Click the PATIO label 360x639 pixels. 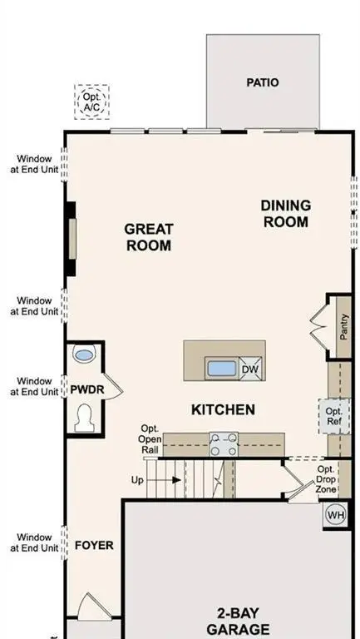[x=263, y=82]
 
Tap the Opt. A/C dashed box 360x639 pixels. [x=91, y=102]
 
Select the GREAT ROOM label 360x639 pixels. [x=149, y=237]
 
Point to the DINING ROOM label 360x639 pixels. [x=285, y=214]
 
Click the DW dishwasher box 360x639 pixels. [x=250, y=369]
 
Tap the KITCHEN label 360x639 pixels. [x=223, y=410]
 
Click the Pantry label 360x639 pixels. [x=343, y=326]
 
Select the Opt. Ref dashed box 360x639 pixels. [x=333, y=417]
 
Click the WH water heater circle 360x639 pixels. [x=334, y=514]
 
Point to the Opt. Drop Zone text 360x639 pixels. [x=326, y=481]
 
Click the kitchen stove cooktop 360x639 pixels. [x=222, y=444]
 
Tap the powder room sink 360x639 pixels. [x=84, y=355]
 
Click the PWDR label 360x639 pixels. [x=86, y=389]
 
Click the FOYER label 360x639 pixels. [x=94, y=546]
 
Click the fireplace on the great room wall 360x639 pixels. [x=72, y=238]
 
